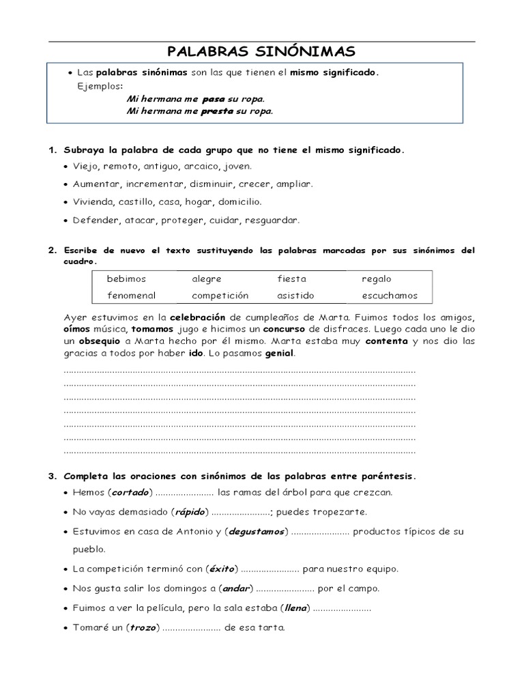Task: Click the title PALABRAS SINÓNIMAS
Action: tap(261, 52)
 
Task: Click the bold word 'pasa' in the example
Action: tap(214, 99)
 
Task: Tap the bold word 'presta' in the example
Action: tap(217, 111)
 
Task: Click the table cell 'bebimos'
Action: tap(126, 279)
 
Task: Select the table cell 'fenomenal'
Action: tap(131, 296)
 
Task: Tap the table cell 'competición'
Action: tap(220, 296)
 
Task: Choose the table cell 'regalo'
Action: tap(377, 279)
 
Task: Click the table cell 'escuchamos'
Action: tap(390, 296)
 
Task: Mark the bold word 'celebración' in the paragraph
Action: tap(197, 317)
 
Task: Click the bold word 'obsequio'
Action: tap(99, 341)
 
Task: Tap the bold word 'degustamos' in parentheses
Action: tap(257, 532)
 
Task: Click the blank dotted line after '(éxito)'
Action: tap(270, 569)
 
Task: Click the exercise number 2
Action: tap(51, 251)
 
